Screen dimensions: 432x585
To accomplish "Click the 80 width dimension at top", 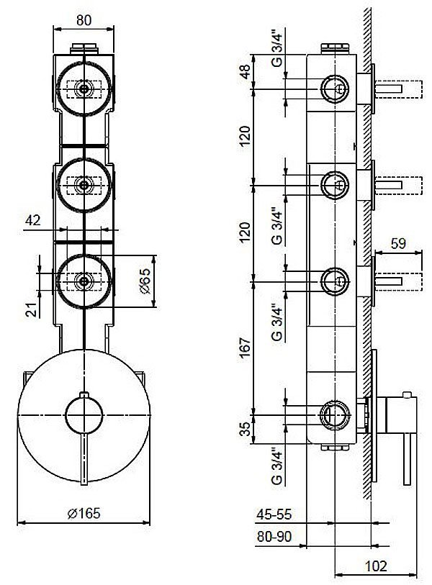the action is pos(84,20).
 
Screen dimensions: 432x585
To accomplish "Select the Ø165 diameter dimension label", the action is pos(84,513).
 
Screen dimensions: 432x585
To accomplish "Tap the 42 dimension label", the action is pos(33,220).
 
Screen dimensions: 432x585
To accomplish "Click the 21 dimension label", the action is pos(34,309).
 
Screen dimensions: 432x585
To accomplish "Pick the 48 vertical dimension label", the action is pos(245,72).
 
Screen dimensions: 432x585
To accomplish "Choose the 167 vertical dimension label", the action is pos(245,348).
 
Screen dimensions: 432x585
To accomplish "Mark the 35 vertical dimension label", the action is pos(245,429).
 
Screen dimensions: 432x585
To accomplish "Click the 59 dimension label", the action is pos(398,244).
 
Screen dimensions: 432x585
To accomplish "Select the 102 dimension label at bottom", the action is pos(376,566).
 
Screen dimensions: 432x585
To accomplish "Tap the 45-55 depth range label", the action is pos(274,515).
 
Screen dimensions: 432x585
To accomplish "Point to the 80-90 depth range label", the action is pos(274,537).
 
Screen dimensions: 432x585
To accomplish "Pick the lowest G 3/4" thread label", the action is pos(277,467).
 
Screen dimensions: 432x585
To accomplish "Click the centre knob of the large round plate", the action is pos(84,415).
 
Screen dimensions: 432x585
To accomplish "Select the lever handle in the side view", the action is pos(407,459).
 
